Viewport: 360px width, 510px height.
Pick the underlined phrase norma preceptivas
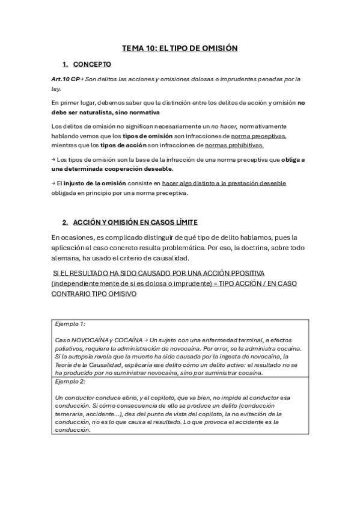pyautogui.click(x=259, y=136)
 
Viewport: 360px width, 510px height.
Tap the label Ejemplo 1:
pyautogui.click(x=70, y=324)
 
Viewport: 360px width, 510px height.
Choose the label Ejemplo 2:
pyautogui.click(x=70, y=381)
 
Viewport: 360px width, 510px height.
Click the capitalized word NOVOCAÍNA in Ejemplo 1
pyautogui.click(x=90, y=340)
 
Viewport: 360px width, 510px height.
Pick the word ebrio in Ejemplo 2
pyautogui.click(x=129, y=398)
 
